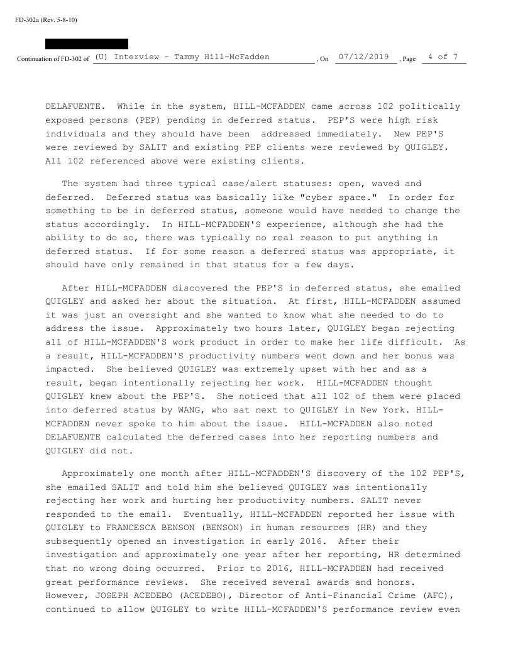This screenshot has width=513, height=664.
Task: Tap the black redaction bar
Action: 87,44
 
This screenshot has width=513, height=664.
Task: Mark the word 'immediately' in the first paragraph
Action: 345,133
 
